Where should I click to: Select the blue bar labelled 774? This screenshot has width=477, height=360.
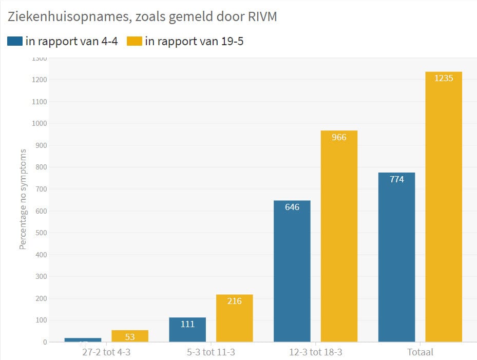pos(396,257)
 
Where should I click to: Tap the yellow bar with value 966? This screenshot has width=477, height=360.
pos(339,236)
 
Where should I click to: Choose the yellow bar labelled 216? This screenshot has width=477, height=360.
pos(234,318)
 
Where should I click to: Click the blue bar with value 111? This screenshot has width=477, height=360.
pos(187,329)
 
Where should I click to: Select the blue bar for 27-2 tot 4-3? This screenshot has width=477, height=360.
pos(83,339)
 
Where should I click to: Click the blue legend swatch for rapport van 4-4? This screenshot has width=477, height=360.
pos(14,41)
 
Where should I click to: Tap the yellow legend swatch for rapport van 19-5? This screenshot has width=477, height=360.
pos(134,41)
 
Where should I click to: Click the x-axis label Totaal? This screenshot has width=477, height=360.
pos(420,352)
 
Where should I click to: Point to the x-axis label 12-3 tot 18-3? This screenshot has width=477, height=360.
pos(315,352)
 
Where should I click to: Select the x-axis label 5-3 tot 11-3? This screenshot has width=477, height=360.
pos(211,352)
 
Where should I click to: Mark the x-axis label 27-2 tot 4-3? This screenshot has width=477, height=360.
pos(106,352)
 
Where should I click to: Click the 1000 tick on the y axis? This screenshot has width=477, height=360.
pos(40,124)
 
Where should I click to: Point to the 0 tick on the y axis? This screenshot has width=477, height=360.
pos(45,342)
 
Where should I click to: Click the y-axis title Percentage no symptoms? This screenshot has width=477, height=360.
pos(23,199)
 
